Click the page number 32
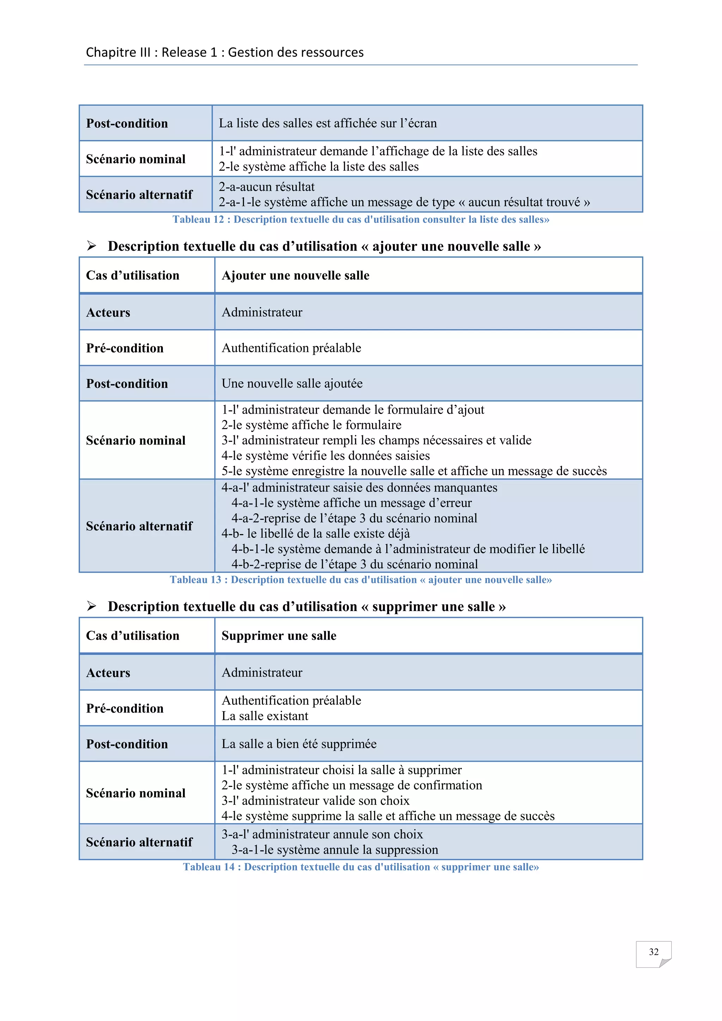pyautogui.click(x=653, y=952)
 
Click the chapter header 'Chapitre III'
pyautogui.click(x=118, y=53)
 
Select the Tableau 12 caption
pyautogui.click(x=361, y=219)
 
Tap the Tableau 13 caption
pyautogui.click(x=361, y=580)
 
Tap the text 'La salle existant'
pyautogui.click(x=265, y=716)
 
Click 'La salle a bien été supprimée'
pyautogui.click(x=299, y=744)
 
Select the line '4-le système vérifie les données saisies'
pyautogui.click(x=325, y=456)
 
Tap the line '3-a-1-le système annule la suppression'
pyautogui.click(x=334, y=850)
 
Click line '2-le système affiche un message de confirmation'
pyautogui.click(x=352, y=785)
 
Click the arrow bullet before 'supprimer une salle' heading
pyautogui.click(x=92, y=606)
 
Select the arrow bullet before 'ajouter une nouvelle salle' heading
pyautogui.click(x=92, y=246)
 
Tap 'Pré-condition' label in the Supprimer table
pyautogui.click(x=125, y=708)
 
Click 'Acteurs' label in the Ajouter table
pyautogui.click(x=108, y=313)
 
